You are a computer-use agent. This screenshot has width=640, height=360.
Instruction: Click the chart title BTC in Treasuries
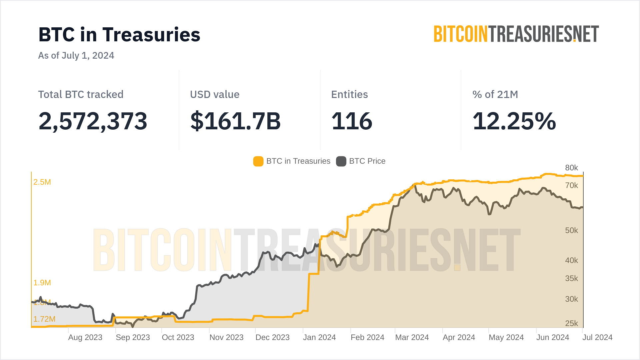[119, 35]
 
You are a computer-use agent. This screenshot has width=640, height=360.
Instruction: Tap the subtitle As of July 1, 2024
[76, 55]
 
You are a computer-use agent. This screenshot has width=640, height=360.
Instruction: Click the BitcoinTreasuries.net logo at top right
[516, 34]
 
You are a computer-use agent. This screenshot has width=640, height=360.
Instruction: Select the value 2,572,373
[93, 121]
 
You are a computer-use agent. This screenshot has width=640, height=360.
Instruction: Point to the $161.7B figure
[235, 121]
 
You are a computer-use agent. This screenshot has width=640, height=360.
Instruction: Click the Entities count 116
[352, 121]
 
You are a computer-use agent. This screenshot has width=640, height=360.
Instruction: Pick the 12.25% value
[514, 121]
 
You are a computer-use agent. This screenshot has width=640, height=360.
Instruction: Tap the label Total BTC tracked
[81, 94]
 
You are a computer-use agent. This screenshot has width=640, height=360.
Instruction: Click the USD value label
[215, 94]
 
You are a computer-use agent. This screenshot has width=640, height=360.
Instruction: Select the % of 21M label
[495, 94]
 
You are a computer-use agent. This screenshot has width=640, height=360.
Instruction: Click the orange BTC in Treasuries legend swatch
[258, 161]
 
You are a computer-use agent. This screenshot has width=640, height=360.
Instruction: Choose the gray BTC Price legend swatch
[341, 161]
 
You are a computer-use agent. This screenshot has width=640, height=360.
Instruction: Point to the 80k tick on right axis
[571, 168]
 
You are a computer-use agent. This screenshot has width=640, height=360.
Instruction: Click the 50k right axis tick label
[571, 230]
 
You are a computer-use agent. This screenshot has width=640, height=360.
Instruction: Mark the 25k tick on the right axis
[571, 323]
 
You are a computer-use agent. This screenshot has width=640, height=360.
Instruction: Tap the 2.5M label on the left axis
[42, 182]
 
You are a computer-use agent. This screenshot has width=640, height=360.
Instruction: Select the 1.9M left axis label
[42, 283]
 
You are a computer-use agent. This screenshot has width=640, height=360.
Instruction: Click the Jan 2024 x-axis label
[319, 337]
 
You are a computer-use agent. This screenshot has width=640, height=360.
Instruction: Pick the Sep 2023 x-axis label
[133, 337]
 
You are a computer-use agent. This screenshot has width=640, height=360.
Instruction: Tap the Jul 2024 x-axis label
[597, 337]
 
